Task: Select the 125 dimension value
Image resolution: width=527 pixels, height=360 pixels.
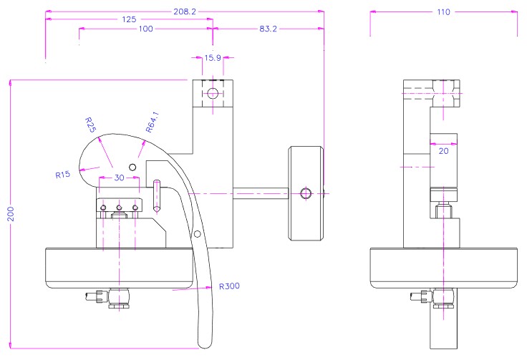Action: (130, 20)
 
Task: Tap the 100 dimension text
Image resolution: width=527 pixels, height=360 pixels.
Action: (145, 29)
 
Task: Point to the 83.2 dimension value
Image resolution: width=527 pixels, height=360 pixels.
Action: (266, 29)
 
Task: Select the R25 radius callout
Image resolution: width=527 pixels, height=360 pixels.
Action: (91, 124)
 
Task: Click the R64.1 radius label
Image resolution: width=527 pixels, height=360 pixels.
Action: (151, 123)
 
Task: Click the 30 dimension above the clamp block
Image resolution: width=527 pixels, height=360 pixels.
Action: (119, 177)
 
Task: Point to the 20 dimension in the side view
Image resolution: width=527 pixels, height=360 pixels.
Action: (443, 151)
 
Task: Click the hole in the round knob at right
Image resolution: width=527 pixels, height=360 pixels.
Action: (306, 193)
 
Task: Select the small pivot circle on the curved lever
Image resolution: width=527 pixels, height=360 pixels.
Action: (197, 234)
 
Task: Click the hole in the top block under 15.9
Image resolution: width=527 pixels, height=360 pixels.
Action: (213, 93)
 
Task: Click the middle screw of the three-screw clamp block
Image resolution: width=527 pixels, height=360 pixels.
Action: (119, 208)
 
